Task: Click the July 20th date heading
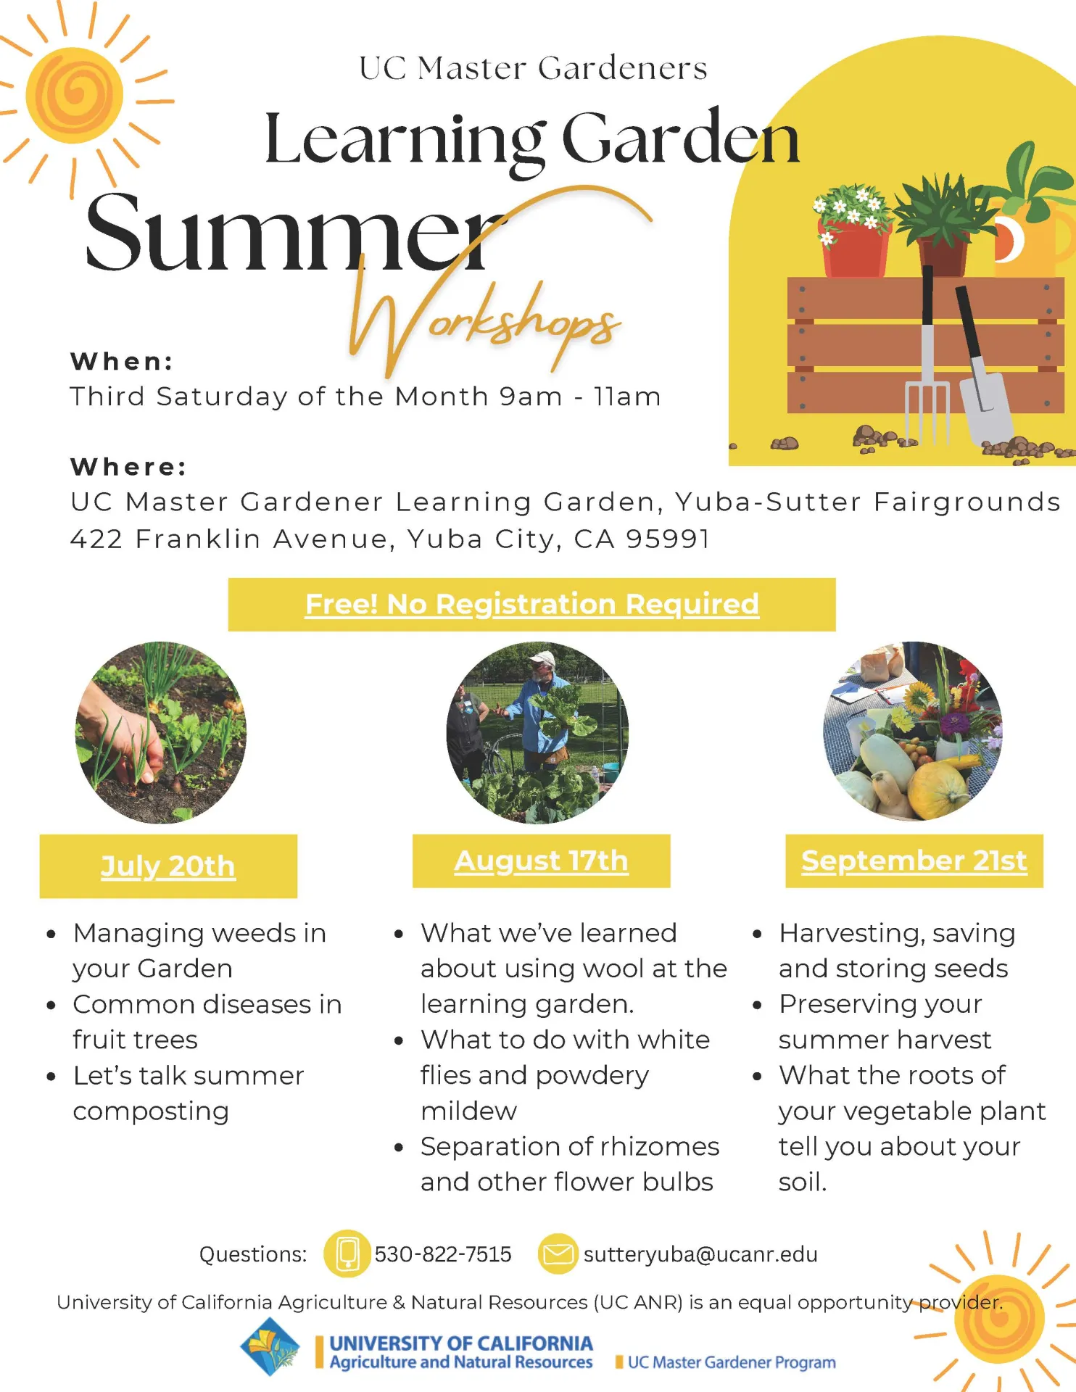pyautogui.click(x=168, y=866)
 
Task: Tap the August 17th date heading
pyautogui.click(x=541, y=861)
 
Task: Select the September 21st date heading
pyautogui.click(x=914, y=861)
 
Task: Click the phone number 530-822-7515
pyautogui.click(x=443, y=1254)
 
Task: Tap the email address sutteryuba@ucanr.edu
pyautogui.click(x=700, y=1254)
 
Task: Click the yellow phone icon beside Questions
pyautogui.click(x=347, y=1254)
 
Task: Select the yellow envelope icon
pyautogui.click(x=558, y=1254)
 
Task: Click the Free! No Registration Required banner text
pyautogui.click(x=532, y=604)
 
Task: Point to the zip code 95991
pyautogui.click(x=668, y=539)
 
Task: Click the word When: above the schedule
pyautogui.click(x=122, y=361)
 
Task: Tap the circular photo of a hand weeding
pyautogui.click(x=161, y=732)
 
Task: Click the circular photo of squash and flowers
pyautogui.click(x=913, y=731)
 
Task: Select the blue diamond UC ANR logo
pyautogui.click(x=270, y=1347)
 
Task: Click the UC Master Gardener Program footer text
pyautogui.click(x=732, y=1362)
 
